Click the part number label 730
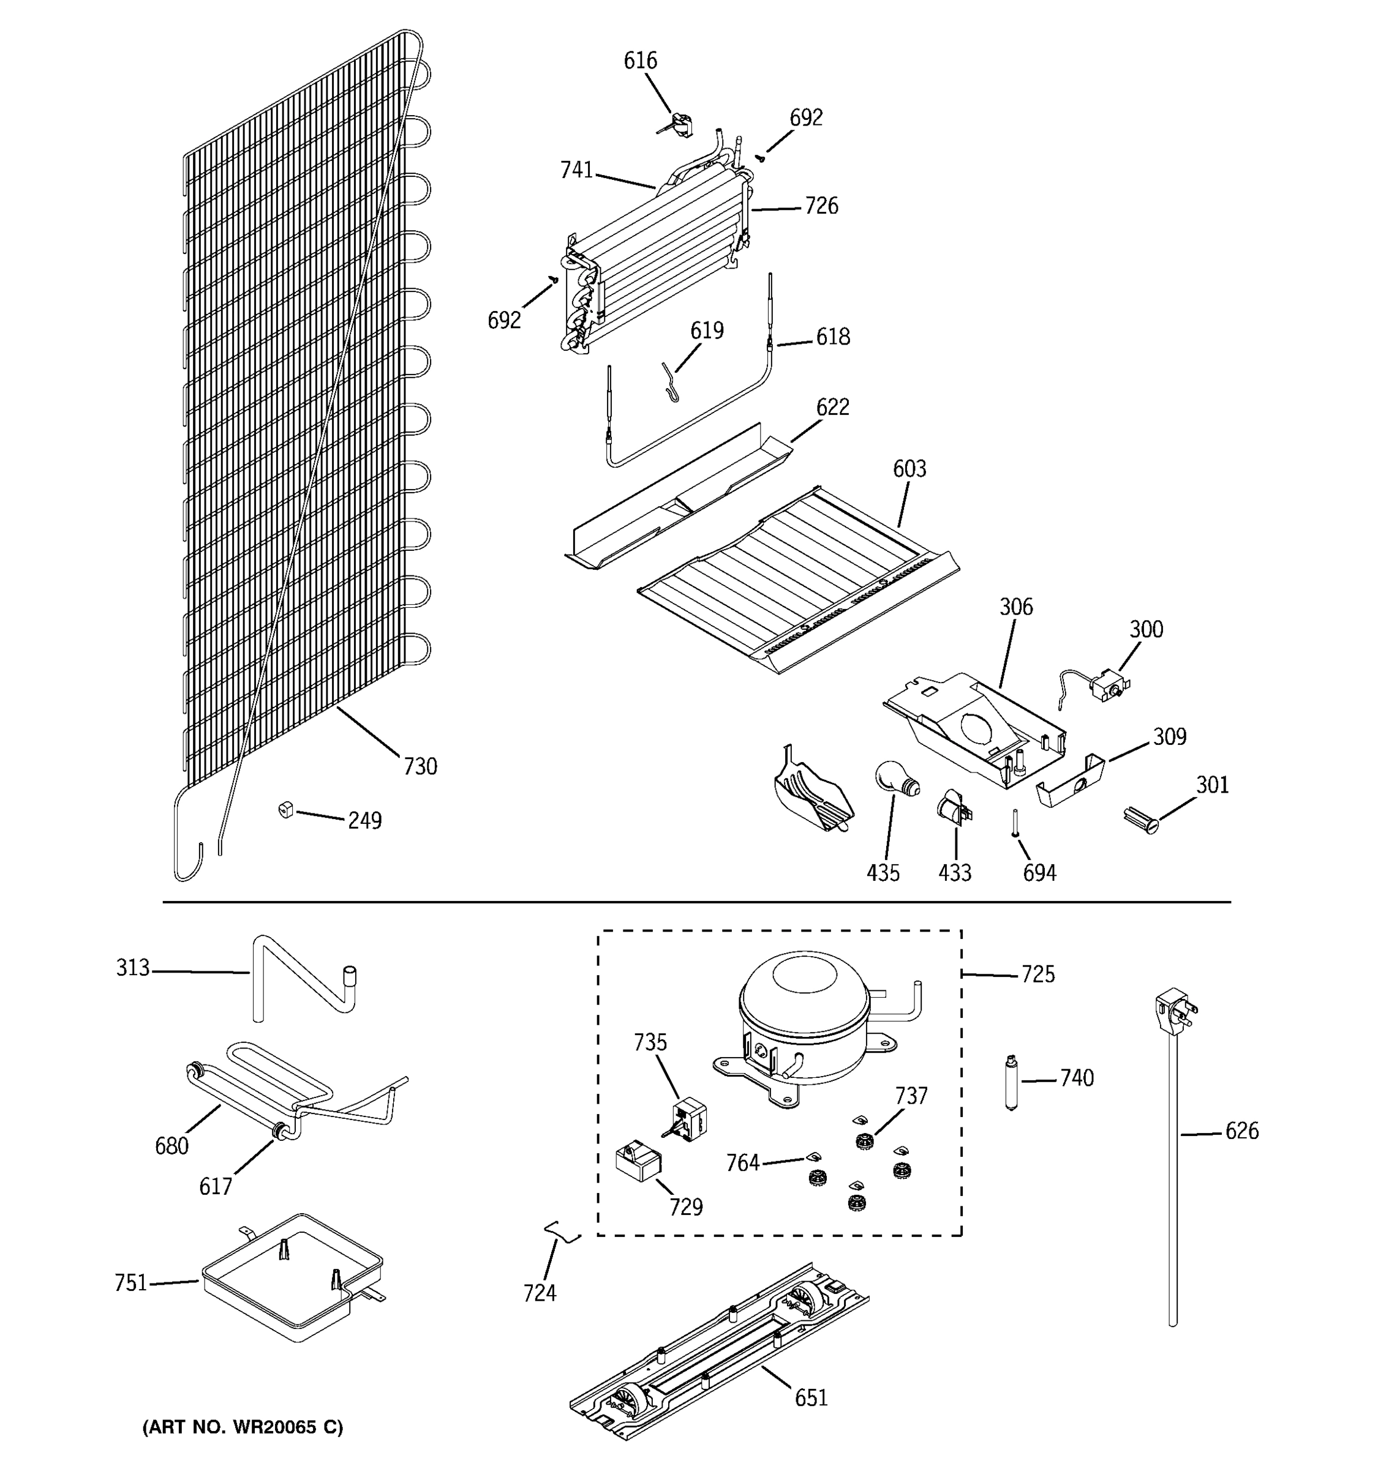click(x=420, y=766)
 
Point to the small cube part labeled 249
click(x=286, y=810)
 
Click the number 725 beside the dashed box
click(x=1038, y=974)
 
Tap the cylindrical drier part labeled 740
click(x=1011, y=1083)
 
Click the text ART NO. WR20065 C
click(x=243, y=1427)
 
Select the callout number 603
click(x=909, y=468)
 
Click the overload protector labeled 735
click(x=688, y=1116)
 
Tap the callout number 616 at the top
click(x=640, y=61)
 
